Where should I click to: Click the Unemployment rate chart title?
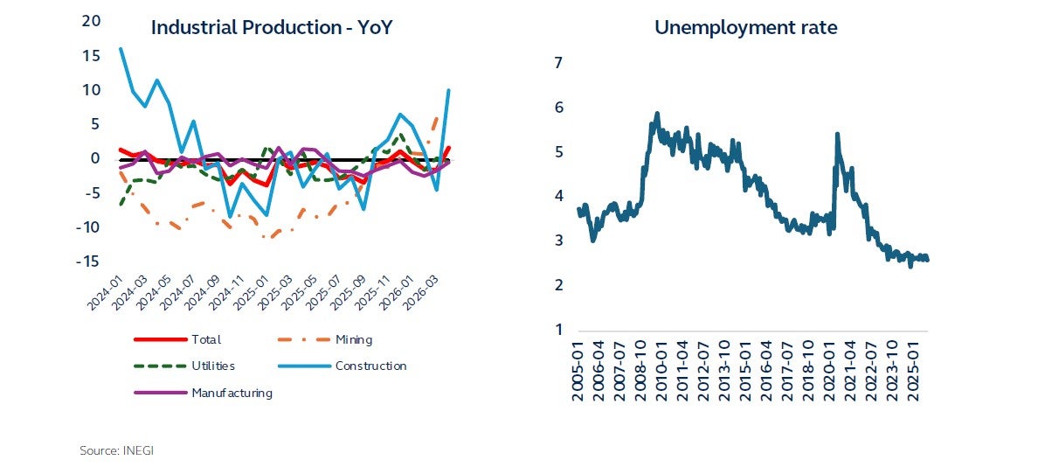click(746, 28)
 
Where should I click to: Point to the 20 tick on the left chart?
click(92, 21)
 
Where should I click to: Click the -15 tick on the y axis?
click(89, 261)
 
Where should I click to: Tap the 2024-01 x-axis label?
click(106, 293)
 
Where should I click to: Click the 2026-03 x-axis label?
click(419, 293)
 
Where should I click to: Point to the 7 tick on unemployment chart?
click(558, 63)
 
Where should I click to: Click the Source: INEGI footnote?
click(117, 450)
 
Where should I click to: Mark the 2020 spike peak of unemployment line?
click(837, 134)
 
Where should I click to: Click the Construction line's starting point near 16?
click(121, 48)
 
